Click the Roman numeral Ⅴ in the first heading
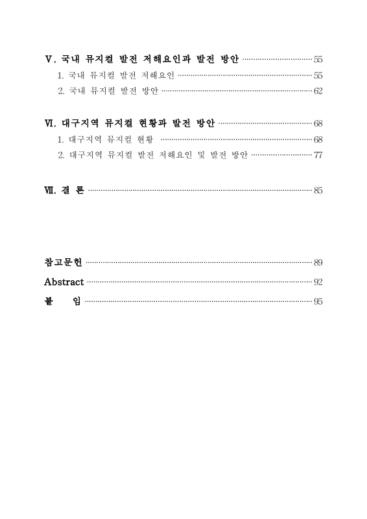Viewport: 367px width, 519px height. coord(49,60)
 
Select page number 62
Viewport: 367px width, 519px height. coord(318,91)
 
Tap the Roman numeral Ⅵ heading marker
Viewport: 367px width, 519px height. coord(49,123)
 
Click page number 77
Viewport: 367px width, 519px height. coord(318,156)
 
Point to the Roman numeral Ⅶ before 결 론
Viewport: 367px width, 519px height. coord(49,191)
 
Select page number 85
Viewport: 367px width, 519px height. coord(318,191)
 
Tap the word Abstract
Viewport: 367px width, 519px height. coord(64,282)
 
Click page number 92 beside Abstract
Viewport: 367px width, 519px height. coord(318,282)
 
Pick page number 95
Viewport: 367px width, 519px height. coord(318,302)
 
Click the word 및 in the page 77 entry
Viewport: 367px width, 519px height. coord(194,156)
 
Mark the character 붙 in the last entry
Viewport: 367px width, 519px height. coord(49,302)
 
